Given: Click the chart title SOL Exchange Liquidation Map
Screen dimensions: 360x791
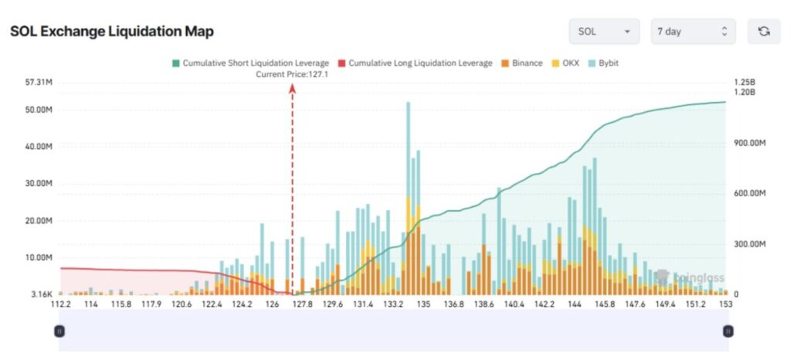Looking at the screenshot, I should (x=112, y=32).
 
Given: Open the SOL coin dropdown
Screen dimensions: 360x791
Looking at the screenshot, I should (x=604, y=32).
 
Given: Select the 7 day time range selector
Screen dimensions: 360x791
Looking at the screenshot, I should (x=693, y=32).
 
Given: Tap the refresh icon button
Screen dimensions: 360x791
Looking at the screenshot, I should (x=764, y=32).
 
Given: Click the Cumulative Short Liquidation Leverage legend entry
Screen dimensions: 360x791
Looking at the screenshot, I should (x=250, y=63).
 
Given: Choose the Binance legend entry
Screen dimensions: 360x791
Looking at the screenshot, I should (x=522, y=63).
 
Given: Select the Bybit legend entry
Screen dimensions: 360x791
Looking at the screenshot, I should (x=603, y=63).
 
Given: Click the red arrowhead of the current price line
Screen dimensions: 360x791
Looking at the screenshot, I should (x=292, y=88).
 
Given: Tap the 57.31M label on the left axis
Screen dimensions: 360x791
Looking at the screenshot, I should (x=39, y=82).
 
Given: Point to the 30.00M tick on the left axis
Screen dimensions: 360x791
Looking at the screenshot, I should (x=39, y=184).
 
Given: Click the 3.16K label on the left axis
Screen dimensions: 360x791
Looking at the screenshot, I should (x=40, y=294).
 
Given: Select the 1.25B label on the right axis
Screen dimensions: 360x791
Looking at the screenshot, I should (x=744, y=82).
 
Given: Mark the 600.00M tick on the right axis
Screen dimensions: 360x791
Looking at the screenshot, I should (x=749, y=193).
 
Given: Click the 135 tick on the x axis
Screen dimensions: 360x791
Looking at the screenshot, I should (x=423, y=305).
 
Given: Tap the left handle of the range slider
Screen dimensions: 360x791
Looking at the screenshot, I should (x=59, y=331).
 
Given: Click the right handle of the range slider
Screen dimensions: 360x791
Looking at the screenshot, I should (x=728, y=331).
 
